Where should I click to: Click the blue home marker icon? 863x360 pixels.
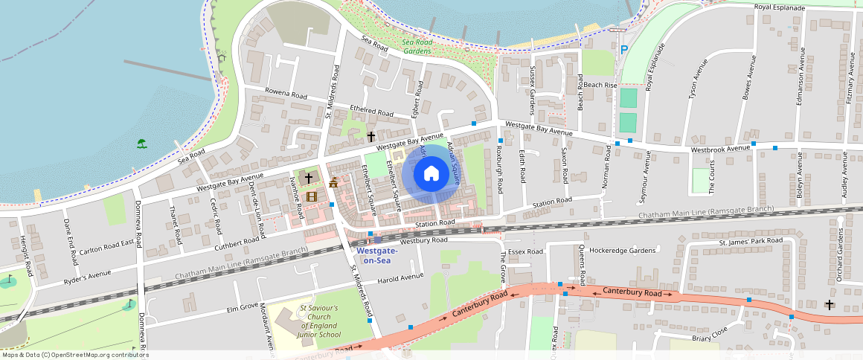click(431, 174)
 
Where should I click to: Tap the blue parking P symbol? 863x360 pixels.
click(623, 50)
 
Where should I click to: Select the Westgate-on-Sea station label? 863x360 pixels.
click(377, 255)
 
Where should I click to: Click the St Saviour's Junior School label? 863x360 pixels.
click(319, 321)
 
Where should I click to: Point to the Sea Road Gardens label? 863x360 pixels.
click(417, 47)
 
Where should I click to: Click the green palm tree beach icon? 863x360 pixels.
click(141, 144)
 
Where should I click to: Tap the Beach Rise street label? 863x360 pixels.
click(600, 86)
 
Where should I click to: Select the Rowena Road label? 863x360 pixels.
click(286, 95)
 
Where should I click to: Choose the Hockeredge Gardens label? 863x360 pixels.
click(624, 251)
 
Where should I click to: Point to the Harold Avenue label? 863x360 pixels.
click(400, 277)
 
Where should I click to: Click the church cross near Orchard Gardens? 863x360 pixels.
click(829, 304)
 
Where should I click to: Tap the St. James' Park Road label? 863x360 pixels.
click(751, 242)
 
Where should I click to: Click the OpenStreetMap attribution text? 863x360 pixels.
click(75, 355)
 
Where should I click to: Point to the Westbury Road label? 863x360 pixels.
click(423, 241)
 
